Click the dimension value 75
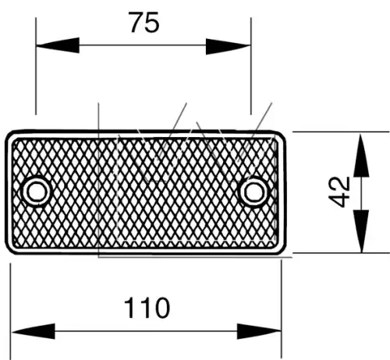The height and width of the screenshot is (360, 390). click(x=144, y=23)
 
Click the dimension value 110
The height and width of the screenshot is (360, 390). click(x=147, y=308)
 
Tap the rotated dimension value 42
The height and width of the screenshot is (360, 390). click(x=339, y=192)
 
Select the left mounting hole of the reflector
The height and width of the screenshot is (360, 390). click(x=35, y=191)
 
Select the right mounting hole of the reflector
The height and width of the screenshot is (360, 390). click(x=253, y=192)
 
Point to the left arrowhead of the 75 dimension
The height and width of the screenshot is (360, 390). click(x=58, y=45)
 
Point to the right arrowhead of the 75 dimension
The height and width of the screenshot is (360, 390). click(x=228, y=47)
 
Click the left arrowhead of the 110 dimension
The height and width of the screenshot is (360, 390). click(x=34, y=331)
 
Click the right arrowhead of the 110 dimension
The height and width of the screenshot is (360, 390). click(x=259, y=331)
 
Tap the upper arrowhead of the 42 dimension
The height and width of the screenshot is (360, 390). click(x=362, y=155)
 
